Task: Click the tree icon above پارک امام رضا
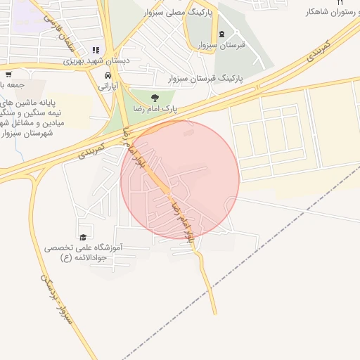155,98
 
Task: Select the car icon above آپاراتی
106,75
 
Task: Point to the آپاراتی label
106,86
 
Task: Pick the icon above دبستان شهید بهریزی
96,50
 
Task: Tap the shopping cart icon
8,74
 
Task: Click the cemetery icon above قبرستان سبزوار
222,34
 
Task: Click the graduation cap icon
83,238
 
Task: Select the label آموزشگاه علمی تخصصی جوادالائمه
84,252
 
